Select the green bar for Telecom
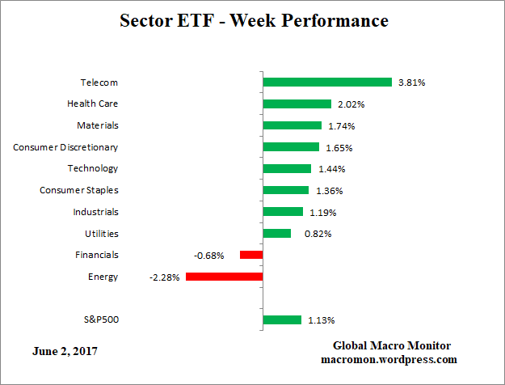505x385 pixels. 327,82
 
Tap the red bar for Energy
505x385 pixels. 224,277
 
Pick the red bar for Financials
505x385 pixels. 251,255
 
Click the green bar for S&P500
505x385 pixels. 282,319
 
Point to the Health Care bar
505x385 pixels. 297,104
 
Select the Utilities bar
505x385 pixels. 276,233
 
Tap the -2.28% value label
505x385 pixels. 164,277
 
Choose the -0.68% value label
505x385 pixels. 209,256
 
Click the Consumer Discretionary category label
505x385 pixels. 65,147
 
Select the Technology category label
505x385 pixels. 93,168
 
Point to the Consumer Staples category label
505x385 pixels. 79,190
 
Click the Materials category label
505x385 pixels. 97,125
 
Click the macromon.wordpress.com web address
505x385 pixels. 389,360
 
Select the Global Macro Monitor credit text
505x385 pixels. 389,346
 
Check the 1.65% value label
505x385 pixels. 339,148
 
